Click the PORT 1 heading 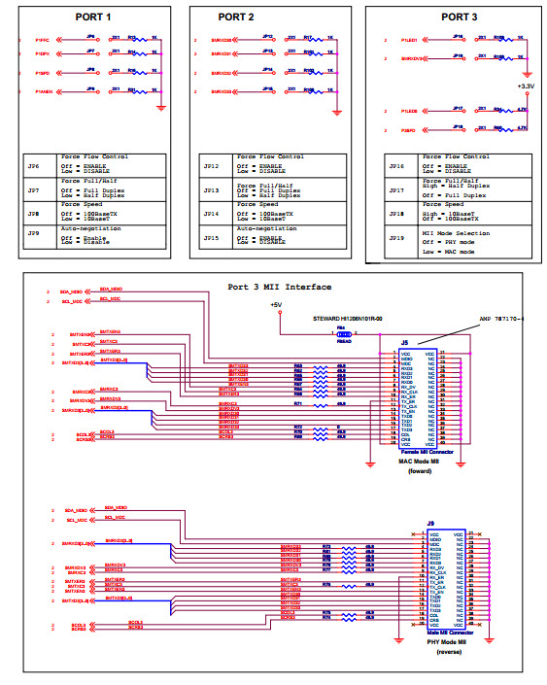94,17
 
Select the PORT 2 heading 236,17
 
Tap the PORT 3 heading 460,17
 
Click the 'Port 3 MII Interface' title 280,287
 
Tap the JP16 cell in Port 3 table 395,165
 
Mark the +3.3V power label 526,87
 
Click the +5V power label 278,304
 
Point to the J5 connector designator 404,343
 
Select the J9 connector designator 428,525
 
